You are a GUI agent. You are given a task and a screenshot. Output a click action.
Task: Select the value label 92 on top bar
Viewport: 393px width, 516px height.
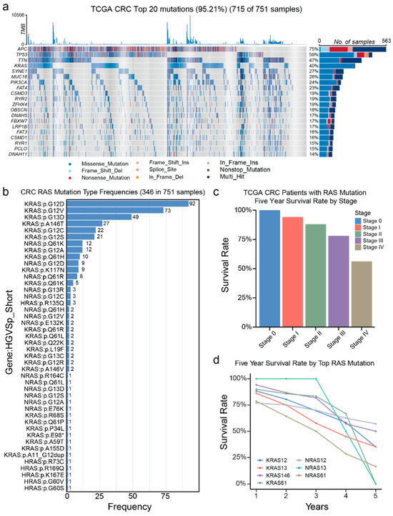192,204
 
